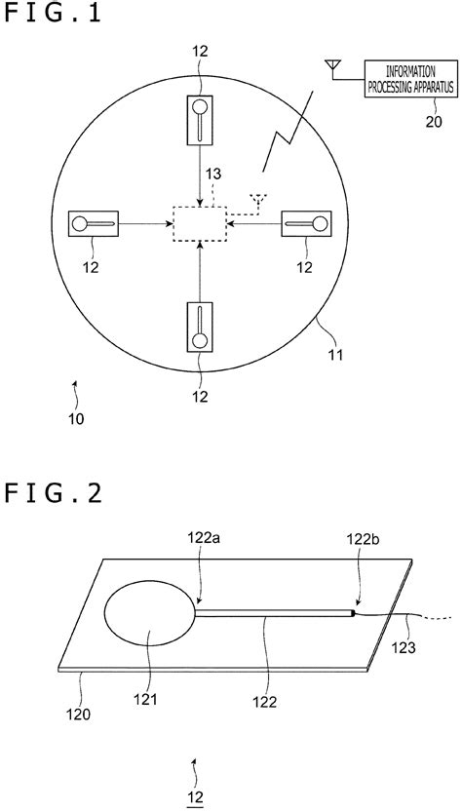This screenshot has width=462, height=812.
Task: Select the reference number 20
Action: [406, 121]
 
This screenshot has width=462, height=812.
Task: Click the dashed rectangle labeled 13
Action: [199, 223]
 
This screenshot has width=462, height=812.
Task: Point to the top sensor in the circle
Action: [199, 117]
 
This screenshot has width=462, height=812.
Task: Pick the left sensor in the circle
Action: [94, 224]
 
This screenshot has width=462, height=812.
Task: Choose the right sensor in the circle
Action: [306, 224]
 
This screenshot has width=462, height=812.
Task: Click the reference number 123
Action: [405, 644]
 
